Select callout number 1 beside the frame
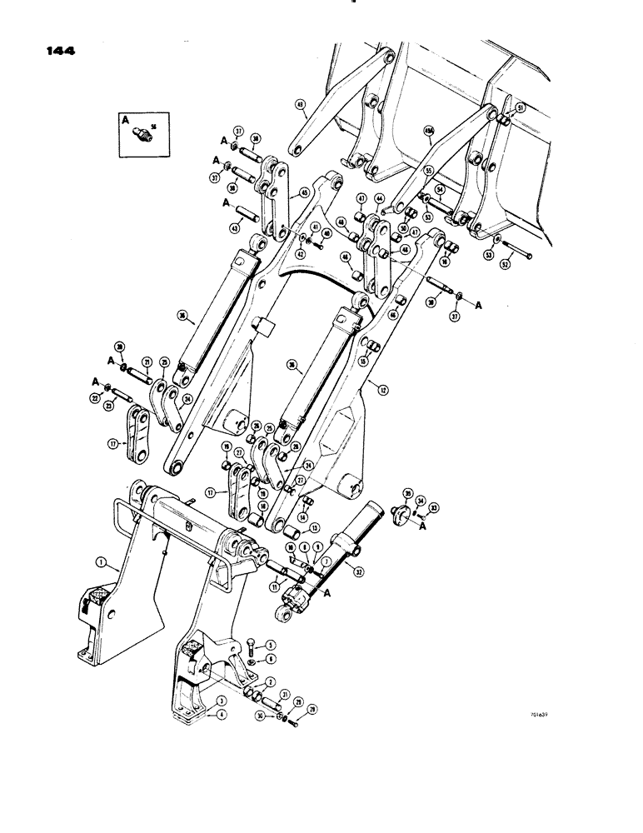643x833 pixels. [x=101, y=562]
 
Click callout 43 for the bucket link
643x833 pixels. [x=300, y=107]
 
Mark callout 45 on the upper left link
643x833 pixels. [x=303, y=194]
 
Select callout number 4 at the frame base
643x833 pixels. [x=222, y=713]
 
